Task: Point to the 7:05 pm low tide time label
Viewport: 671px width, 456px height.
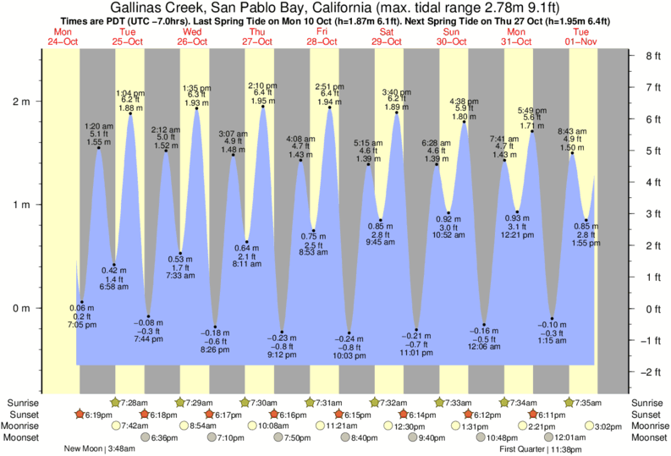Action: coord(81,324)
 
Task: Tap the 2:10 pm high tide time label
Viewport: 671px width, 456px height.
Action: coord(262,85)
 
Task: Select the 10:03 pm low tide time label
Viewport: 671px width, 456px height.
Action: coord(349,356)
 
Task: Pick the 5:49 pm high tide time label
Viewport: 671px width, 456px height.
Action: coord(531,110)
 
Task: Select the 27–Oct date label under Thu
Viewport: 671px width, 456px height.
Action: coord(258,41)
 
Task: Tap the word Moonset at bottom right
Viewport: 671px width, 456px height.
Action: coord(646,437)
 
